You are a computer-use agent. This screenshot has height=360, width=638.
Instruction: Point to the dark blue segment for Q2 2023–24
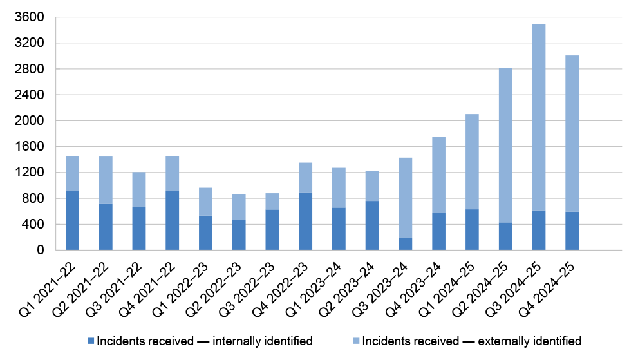(x=372, y=225)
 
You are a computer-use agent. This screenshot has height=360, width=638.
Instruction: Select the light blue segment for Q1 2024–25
(x=472, y=162)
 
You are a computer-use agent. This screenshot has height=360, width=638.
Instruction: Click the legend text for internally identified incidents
(x=205, y=341)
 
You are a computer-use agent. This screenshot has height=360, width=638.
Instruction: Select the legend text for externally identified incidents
(x=471, y=341)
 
